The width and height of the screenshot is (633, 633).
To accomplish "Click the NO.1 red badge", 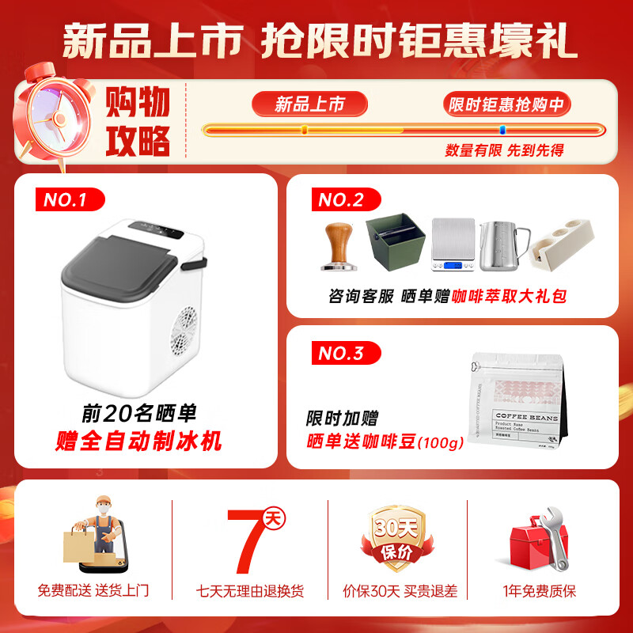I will [x=70, y=199].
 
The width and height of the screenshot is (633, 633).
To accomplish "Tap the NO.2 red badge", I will [x=341, y=199].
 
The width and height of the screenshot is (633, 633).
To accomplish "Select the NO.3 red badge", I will [x=341, y=353].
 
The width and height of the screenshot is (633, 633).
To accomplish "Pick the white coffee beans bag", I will [x=515, y=408].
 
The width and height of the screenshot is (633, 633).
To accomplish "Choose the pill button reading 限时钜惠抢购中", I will [x=507, y=104].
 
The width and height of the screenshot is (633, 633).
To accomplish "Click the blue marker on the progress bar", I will [x=502, y=130].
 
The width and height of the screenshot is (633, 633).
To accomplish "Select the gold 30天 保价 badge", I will [x=393, y=538].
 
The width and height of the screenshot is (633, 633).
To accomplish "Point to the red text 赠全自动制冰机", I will [x=139, y=441].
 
